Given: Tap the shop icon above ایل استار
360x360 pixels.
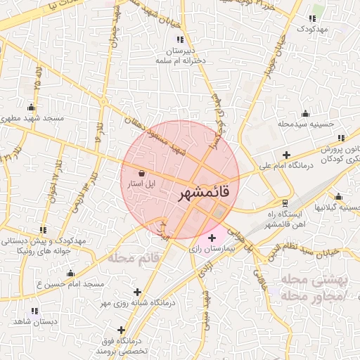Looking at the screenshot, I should [143, 172].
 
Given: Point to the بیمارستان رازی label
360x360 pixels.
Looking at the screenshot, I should [211, 250].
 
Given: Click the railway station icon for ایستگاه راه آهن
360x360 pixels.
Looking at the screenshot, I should [284, 202].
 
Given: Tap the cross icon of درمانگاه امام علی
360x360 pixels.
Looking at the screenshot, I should [286, 155].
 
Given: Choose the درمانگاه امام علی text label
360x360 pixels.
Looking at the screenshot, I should [285, 167].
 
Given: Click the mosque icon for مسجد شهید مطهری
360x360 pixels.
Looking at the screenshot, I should [31, 108].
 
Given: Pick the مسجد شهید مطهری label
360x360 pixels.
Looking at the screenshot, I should [33, 118].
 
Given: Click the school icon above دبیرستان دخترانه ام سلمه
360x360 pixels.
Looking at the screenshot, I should [181, 39].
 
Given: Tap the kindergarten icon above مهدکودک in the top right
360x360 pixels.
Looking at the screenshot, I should [314, 18].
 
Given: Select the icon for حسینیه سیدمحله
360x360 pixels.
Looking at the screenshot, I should [305, 114].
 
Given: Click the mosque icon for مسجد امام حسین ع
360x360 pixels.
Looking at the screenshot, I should [70, 274].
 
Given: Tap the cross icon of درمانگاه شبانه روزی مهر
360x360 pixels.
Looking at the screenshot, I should [137, 292].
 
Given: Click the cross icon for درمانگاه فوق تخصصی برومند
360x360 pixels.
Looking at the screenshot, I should [122, 329].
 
